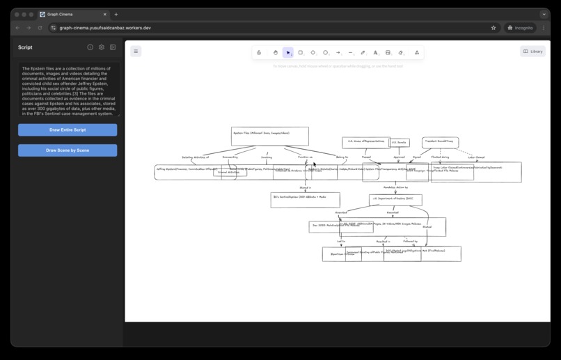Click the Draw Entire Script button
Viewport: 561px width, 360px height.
pyautogui.click(x=68, y=130)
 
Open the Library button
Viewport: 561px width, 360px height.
pyautogui.click(x=532, y=52)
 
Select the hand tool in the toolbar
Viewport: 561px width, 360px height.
pyautogui.click(x=276, y=52)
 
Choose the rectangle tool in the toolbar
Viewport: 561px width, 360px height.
pyautogui.click(x=301, y=52)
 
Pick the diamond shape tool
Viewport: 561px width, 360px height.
pyautogui.click(x=313, y=52)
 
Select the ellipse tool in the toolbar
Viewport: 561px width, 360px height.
pyautogui.click(x=325, y=52)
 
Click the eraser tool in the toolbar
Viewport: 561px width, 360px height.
pyautogui.click(x=401, y=52)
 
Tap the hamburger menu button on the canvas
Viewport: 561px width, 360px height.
pyautogui.click(x=136, y=51)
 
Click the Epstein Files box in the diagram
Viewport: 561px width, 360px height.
pyautogui.click(x=269, y=136)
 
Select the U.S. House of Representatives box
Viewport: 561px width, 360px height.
pyautogui.click(x=365, y=142)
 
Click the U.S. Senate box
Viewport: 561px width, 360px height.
pyautogui.click(x=398, y=143)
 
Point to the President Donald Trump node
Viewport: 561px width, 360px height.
pyautogui.click(x=439, y=142)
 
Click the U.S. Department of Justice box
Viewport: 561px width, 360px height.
pyautogui.click(x=395, y=199)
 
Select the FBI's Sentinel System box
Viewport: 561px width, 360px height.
pyautogui.click(x=305, y=199)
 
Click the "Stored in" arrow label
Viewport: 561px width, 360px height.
pyautogui.click(x=305, y=188)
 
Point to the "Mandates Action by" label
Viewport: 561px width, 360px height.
pyautogui.click(x=395, y=187)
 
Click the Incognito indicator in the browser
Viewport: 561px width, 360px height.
pyautogui.click(x=520, y=28)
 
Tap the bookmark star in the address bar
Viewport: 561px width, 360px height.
pyautogui.click(x=493, y=28)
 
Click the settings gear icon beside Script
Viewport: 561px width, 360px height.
pyautogui.click(x=102, y=47)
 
